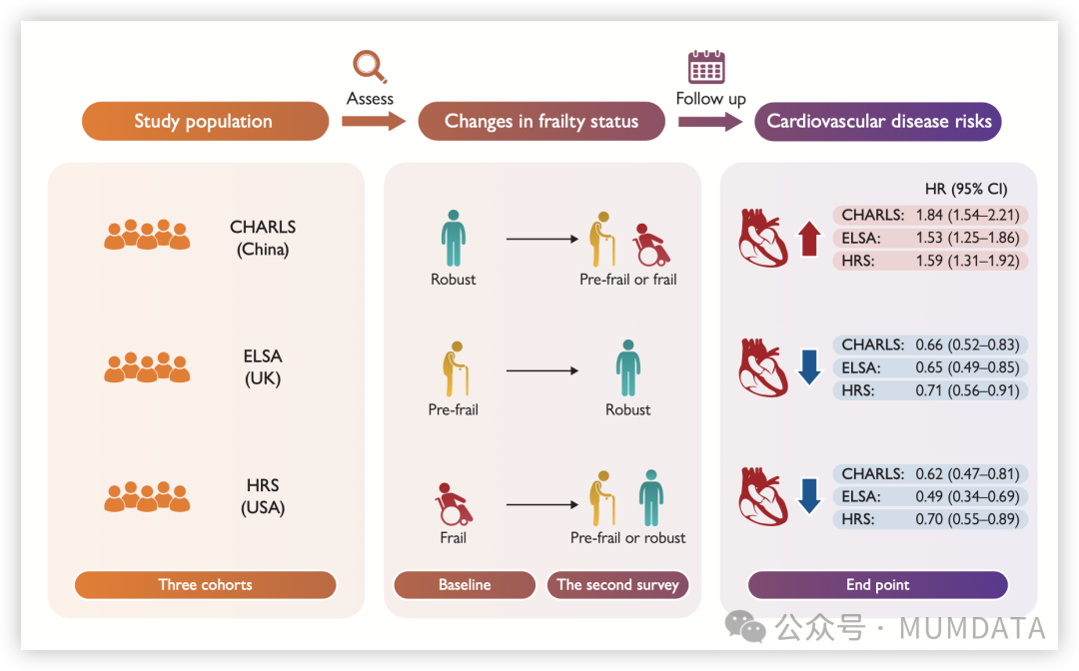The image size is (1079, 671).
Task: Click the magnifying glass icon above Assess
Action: click(370, 67)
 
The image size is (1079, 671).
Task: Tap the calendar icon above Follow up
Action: click(706, 66)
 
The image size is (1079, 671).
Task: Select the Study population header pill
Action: click(205, 122)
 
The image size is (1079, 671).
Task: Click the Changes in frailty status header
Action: click(540, 122)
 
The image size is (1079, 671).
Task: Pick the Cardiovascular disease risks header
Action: click(878, 122)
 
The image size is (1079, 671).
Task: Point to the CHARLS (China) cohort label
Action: click(263, 238)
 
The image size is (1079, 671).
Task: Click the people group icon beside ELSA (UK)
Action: click(147, 367)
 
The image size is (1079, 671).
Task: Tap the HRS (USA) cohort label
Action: click(263, 496)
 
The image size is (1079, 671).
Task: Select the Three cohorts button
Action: click(205, 585)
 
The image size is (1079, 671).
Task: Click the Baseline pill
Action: click(465, 585)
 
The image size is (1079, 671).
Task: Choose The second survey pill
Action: click(617, 585)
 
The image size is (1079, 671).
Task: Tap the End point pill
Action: click(877, 585)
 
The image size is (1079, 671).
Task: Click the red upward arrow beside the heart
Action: click(809, 239)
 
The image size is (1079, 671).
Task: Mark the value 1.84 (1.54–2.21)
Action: click(967, 215)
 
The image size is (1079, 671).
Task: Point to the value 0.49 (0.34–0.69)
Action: click(967, 496)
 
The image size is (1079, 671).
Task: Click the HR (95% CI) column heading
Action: click(966, 189)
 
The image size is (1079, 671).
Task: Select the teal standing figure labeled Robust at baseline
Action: click(453, 238)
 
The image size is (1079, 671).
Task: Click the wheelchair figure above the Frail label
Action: click(454, 504)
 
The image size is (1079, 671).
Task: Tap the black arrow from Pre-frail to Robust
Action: click(542, 370)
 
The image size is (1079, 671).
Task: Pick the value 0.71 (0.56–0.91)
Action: click(967, 390)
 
